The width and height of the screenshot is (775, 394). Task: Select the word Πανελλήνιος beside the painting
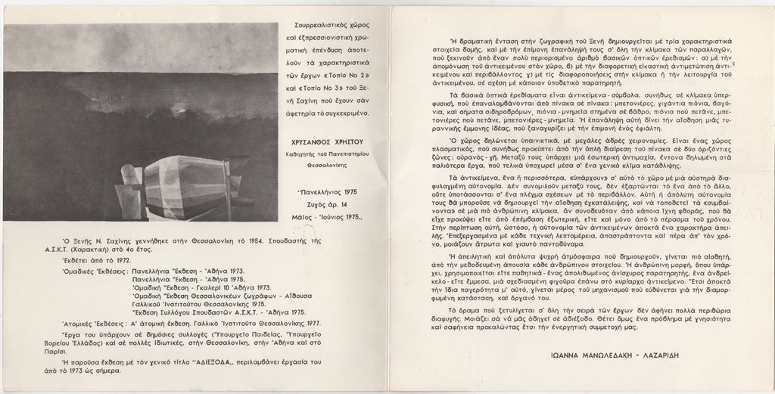(315, 192)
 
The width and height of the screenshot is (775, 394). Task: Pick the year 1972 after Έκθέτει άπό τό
(121, 259)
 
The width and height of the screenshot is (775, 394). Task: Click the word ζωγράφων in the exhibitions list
(241, 296)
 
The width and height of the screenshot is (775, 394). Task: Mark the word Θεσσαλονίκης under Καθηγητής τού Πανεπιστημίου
(328, 163)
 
